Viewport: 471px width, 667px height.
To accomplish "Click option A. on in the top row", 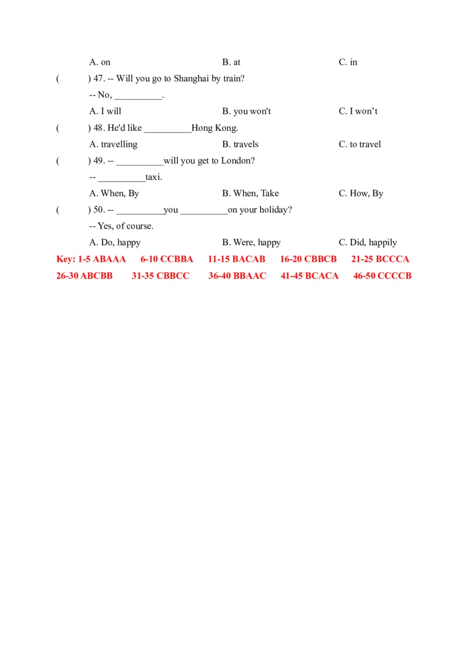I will coord(99,62).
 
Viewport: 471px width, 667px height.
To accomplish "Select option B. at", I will coord(231,62).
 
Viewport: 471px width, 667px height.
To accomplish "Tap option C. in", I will coord(347,62).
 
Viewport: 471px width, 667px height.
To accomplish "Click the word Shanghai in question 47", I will coord(191,78).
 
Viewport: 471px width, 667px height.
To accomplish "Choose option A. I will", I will coord(105,111).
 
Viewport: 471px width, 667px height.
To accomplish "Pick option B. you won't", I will coord(246,111).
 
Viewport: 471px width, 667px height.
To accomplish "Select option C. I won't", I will coord(358,111).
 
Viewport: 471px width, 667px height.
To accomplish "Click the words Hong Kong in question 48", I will coord(214,128).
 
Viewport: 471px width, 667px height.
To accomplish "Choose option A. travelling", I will coord(113,144).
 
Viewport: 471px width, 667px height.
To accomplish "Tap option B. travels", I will coord(240,144).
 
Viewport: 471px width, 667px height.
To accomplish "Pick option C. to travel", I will coord(359,144).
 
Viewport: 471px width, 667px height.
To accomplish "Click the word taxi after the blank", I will coord(152,177).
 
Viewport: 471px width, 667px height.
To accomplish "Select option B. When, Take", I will coord(250,193).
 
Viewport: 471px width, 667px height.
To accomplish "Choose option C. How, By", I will coord(360,193).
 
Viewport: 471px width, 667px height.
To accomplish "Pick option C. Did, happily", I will coord(367,242).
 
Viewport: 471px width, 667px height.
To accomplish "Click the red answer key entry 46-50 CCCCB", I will coord(382,275).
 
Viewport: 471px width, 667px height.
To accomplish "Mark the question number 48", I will coord(99,128).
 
